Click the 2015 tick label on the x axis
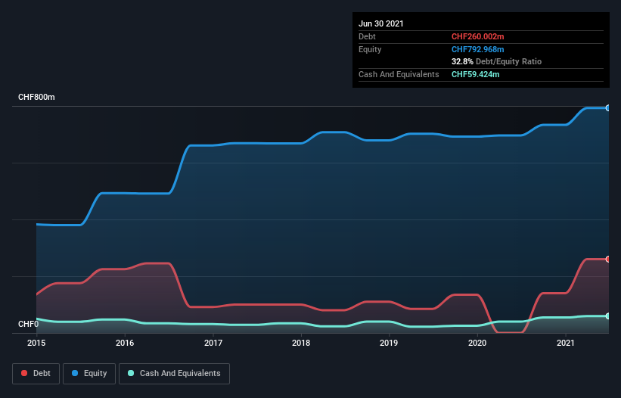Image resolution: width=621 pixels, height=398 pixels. tap(36, 344)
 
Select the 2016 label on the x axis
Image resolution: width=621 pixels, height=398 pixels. tap(125, 344)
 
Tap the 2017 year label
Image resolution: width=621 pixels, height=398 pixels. tap(213, 344)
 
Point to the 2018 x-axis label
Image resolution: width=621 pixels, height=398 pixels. tap(301, 344)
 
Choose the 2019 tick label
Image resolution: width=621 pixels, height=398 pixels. tap(389, 344)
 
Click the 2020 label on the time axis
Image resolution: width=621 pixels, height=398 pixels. tap(477, 344)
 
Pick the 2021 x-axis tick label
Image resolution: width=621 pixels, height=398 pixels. tap(566, 344)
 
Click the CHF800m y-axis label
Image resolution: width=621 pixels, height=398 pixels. tap(36, 98)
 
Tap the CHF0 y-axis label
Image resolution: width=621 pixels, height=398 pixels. tap(28, 325)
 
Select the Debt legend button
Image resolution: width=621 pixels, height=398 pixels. tap(37, 373)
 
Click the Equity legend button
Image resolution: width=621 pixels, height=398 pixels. tap(89, 373)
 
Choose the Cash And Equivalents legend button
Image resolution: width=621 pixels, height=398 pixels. tap(174, 373)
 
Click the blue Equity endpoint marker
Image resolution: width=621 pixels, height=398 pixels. tap(608, 108)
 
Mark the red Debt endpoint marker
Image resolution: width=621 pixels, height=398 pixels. tap(608, 259)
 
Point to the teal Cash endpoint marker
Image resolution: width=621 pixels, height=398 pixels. tap(608, 316)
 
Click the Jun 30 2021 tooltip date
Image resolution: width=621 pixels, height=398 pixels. tap(381, 23)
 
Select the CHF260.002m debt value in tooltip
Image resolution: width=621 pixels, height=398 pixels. tap(477, 36)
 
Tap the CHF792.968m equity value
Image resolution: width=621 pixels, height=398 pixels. tap(477, 49)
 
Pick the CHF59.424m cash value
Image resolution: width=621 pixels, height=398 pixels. tap(475, 74)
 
